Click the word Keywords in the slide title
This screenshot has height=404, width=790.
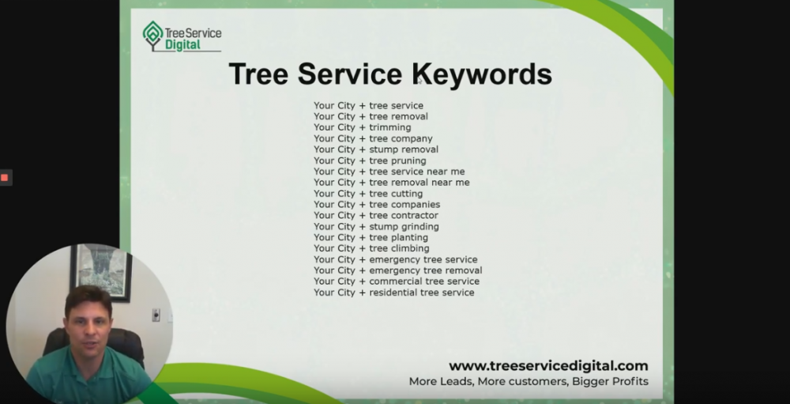point(483,74)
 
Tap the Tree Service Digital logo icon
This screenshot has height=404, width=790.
point(152,36)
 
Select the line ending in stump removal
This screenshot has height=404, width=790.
point(376,149)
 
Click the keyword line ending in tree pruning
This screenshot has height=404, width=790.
point(370,160)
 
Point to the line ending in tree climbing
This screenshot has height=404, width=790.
point(371,248)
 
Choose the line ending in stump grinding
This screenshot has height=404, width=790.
point(376,226)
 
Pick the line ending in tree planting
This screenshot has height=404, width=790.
point(371,237)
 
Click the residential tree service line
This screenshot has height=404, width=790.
point(394,293)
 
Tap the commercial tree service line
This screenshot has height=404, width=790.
point(397,281)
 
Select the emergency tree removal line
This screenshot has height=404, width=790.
point(398,270)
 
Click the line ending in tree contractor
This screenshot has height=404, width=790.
point(376,215)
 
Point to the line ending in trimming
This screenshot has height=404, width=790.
point(363,127)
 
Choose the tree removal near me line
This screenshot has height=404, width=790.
point(392,183)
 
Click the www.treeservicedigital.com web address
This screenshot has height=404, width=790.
point(548,366)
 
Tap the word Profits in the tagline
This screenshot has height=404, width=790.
point(630,381)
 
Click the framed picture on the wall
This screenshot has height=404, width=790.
point(101,272)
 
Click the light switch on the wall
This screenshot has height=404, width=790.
point(156,315)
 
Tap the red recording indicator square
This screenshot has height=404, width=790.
point(5,178)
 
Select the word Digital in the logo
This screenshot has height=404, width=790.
point(183,45)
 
